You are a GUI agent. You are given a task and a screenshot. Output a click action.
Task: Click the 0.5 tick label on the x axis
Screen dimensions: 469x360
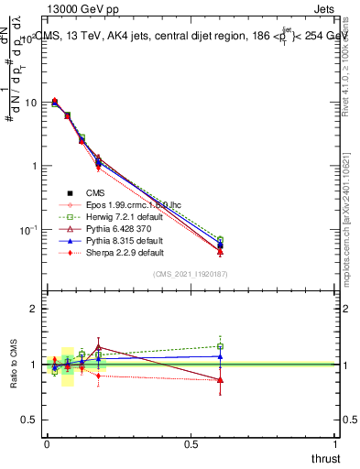191,443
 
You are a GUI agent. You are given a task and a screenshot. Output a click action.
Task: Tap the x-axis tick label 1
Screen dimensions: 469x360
335,443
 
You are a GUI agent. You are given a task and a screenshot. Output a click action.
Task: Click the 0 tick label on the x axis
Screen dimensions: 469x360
47,443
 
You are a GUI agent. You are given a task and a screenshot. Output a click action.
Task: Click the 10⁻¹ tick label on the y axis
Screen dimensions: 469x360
27,229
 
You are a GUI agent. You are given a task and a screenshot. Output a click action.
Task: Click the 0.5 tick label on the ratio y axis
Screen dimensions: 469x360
29,420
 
